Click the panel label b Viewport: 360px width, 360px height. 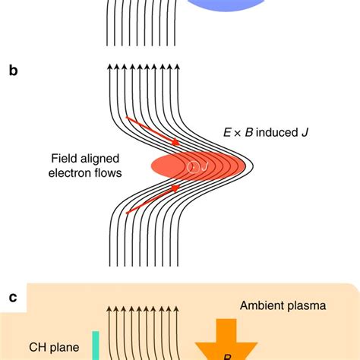click(x=13, y=71)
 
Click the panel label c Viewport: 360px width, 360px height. click(x=13, y=297)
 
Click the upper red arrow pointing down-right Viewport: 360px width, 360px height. click(x=153, y=130)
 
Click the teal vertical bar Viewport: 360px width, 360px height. click(x=97, y=345)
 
